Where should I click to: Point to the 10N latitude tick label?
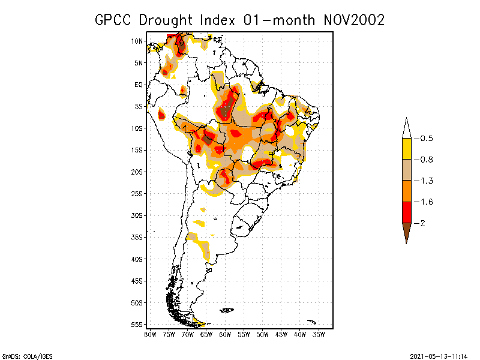137,41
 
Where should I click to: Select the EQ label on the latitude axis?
139,85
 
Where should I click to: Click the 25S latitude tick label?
137,193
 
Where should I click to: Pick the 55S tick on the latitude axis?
137,324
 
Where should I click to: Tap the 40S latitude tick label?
137,259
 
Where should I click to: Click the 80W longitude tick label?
150,334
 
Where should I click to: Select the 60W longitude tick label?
225,334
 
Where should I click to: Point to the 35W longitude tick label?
319,334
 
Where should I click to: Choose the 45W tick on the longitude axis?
281,334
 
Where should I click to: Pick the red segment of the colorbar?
407,212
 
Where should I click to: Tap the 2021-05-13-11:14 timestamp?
439,355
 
